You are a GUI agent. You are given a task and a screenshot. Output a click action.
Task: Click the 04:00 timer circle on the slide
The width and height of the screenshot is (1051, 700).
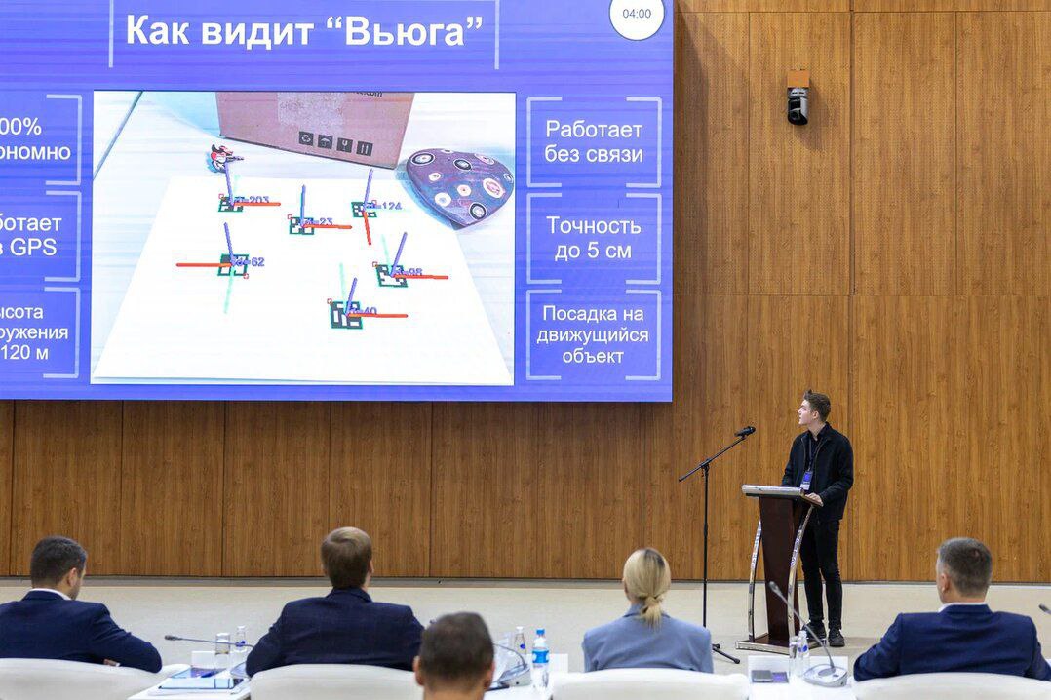tap(637, 15)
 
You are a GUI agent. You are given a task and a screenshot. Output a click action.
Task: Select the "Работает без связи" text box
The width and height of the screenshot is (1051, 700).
tap(594, 141)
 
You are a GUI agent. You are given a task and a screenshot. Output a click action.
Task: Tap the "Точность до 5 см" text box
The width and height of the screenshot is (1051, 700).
tap(594, 238)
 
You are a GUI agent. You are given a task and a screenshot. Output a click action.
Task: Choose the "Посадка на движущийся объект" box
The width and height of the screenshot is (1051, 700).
tap(594, 334)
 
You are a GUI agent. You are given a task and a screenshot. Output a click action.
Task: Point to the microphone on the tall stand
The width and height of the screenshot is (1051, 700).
tap(745, 431)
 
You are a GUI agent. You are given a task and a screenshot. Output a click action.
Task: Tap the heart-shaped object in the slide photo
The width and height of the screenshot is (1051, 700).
tap(459, 185)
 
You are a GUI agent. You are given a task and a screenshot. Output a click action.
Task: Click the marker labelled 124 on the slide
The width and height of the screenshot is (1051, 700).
tap(365, 208)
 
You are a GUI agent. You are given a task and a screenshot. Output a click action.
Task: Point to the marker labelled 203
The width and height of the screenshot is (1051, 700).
tap(231, 203)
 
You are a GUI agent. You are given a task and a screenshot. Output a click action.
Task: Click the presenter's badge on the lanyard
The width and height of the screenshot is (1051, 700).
tap(806, 479)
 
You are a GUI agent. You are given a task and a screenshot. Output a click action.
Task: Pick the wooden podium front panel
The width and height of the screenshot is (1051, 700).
tap(779, 565)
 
